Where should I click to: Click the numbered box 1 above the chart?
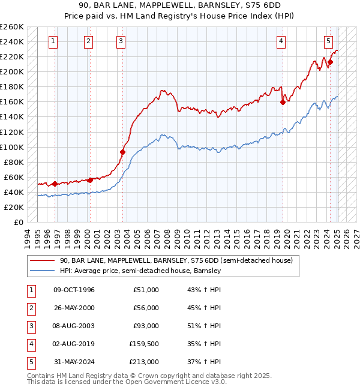tap(54, 41)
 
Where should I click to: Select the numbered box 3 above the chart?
tap(121, 41)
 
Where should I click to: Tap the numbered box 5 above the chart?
tap(329, 41)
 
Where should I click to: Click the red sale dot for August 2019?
tap(283, 102)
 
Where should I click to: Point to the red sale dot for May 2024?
tap(330, 62)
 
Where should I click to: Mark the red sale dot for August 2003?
tap(122, 152)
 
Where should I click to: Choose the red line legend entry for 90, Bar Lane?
tap(176, 260)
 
